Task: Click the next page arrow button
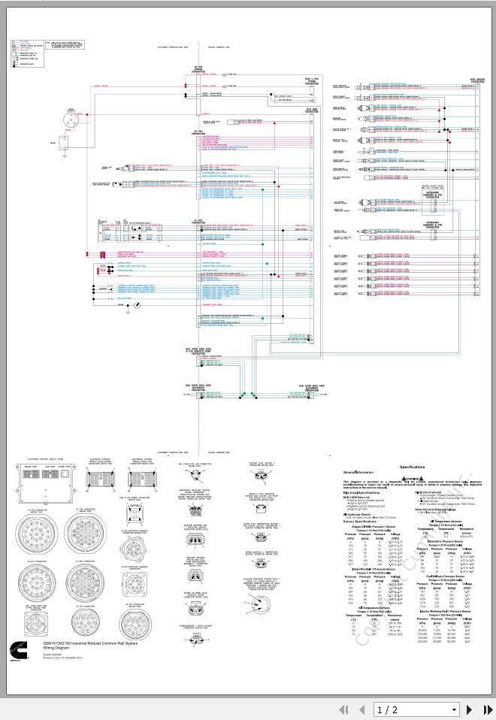point(470,709)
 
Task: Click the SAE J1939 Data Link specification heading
point(359,497)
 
